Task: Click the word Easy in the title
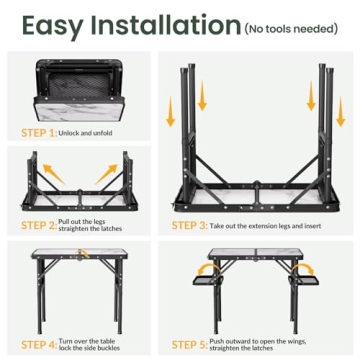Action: click(x=52, y=27)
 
